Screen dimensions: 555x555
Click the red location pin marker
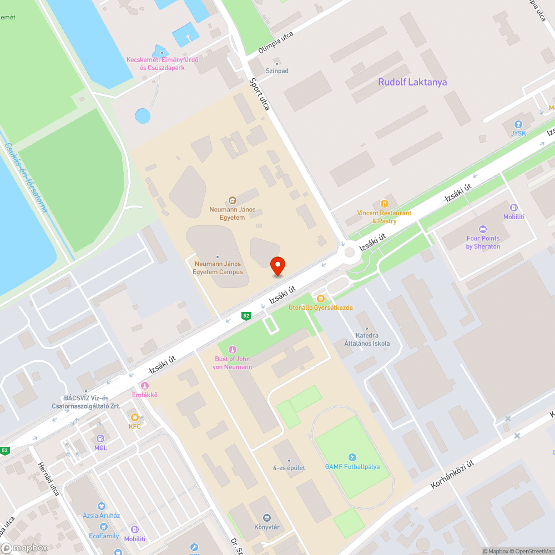277,266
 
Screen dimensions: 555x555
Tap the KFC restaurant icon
134,417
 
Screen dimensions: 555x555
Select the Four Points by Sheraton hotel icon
483,229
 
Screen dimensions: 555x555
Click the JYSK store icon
518,124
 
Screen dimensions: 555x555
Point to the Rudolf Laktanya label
412,82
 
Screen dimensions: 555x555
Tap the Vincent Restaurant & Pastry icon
384,204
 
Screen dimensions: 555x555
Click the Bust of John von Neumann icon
233,350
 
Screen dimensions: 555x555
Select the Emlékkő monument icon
145,386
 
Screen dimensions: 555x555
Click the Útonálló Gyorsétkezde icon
320,299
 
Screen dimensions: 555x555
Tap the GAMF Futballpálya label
352,466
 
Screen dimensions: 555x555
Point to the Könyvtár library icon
266,517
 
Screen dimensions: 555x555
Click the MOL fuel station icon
100,438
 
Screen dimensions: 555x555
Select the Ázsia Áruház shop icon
102,506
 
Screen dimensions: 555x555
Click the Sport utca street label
259,94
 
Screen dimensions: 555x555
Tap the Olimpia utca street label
276,42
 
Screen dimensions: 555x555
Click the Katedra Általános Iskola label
372,339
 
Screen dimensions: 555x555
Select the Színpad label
277,71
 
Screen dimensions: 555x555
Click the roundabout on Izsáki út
350,253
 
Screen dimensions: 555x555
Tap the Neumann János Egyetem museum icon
233,200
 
